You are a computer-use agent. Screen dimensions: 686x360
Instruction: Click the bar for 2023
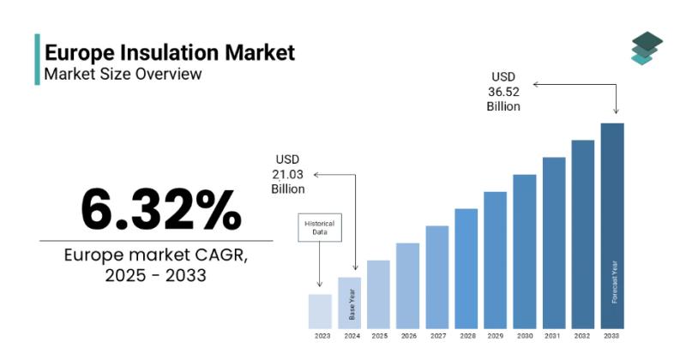point(320,311)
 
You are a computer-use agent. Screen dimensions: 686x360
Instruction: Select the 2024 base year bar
point(349,303)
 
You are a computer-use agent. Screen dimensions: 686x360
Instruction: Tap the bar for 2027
point(437,278)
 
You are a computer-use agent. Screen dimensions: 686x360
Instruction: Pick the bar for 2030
point(525,251)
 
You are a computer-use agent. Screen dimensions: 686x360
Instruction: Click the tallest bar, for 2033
point(612,225)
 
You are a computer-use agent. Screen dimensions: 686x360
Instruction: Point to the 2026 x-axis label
point(409,336)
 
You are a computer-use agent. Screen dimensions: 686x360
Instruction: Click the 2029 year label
point(496,336)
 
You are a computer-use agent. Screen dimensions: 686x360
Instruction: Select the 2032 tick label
point(582,336)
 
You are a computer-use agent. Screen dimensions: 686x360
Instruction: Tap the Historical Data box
point(320,227)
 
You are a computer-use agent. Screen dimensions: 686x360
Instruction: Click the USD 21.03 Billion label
point(288,174)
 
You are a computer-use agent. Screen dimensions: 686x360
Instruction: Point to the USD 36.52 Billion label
point(503,92)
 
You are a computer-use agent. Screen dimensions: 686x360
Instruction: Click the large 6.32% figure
point(161,209)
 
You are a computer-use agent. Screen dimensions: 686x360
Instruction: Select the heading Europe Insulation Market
point(170,52)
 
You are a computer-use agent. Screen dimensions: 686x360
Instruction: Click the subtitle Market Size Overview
point(123,74)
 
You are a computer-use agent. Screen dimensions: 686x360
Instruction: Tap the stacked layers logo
point(647,48)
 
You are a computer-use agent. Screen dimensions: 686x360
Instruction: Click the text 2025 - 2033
point(156,275)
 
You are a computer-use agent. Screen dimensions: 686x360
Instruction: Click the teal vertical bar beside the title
point(37,59)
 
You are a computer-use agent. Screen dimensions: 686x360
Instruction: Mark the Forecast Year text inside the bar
point(614,282)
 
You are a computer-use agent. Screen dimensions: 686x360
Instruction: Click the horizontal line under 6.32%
point(156,241)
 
